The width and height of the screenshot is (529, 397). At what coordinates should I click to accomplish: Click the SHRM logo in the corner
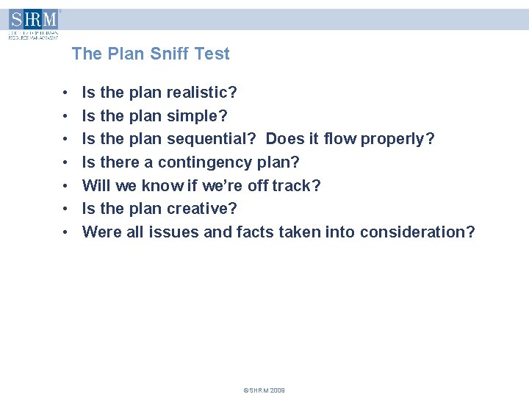pyautogui.click(x=33, y=24)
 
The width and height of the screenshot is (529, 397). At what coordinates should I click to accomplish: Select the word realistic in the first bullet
pyautogui.click(x=201, y=93)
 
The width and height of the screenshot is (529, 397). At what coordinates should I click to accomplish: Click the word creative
pyautogui.click(x=201, y=209)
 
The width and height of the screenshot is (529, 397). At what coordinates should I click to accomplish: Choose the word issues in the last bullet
pyautogui.click(x=172, y=232)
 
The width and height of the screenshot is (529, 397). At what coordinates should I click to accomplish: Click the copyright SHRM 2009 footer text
pyautogui.click(x=264, y=390)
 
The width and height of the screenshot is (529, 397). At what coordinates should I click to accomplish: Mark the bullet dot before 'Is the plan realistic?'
pyautogui.click(x=66, y=93)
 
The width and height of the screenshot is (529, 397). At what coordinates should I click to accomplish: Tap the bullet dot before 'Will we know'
pyautogui.click(x=66, y=186)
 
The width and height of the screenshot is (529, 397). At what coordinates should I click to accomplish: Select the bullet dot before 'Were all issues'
pyautogui.click(x=66, y=233)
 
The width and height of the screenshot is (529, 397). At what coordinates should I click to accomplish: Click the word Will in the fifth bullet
pyautogui.click(x=96, y=185)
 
